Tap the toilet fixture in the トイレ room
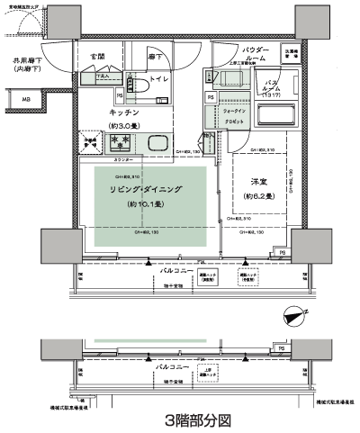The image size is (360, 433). click(138, 86)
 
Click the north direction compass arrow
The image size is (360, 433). click(293, 314)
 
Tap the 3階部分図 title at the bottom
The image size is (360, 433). click(180, 419)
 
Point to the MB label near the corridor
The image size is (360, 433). click(26, 100)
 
